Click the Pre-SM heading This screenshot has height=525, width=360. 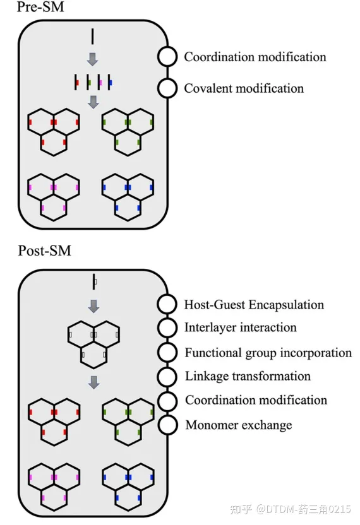(x=40, y=7)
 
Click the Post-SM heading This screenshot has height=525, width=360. (x=45, y=251)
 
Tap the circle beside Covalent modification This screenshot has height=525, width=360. (x=167, y=88)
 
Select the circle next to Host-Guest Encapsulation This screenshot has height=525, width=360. (x=167, y=304)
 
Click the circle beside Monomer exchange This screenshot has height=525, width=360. (x=167, y=425)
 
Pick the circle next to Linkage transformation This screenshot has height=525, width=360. (x=167, y=376)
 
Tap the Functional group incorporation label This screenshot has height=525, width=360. (x=268, y=353)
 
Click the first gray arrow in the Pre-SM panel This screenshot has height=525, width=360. (x=92, y=59)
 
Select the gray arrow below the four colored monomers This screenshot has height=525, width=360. (x=93, y=102)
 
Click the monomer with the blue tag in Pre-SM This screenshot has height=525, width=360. (x=110, y=83)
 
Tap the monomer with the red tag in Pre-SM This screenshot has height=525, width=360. (x=76, y=83)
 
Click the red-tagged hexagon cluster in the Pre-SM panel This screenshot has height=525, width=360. (x=54, y=132)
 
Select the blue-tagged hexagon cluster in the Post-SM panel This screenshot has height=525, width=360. (x=128, y=487)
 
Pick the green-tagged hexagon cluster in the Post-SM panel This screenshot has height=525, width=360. (x=128, y=422)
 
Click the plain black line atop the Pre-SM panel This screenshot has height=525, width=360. (x=92, y=37)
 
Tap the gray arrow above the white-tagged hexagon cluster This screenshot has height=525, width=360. (x=94, y=306)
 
